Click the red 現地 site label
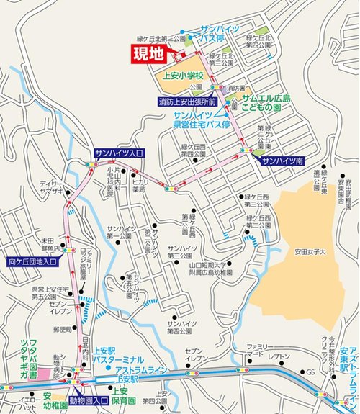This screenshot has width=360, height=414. [147, 53]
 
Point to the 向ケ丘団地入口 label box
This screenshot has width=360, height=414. [32, 261]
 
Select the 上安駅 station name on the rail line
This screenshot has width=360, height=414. [126, 378]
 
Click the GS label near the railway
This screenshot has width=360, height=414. [311, 371]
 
